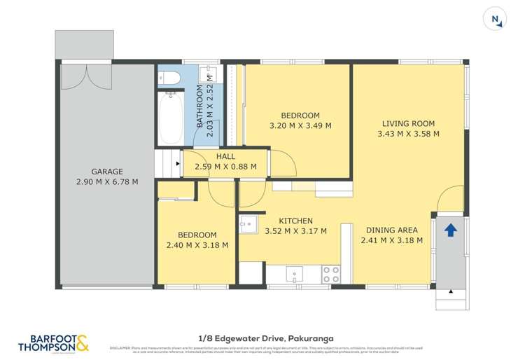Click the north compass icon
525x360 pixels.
(495, 20)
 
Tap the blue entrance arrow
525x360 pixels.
(451, 230)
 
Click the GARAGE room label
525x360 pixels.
(107, 171)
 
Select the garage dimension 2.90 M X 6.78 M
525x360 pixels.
(107, 181)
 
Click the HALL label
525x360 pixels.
(225, 156)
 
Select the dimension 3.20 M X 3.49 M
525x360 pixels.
(300, 126)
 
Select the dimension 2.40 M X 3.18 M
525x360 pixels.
(197, 245)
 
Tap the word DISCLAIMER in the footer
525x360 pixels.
(118, 347)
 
